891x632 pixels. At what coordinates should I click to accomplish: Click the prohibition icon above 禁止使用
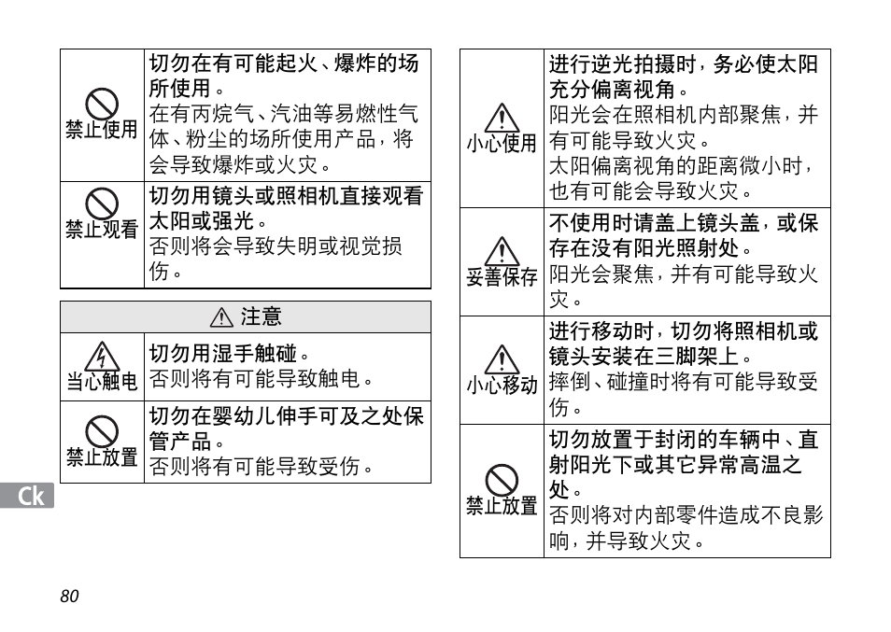point(102,103)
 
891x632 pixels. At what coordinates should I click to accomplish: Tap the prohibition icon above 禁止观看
point(102,203)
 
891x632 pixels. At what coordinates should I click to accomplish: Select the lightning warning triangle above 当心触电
point(102,357)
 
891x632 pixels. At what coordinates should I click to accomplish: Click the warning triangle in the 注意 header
point(221,318)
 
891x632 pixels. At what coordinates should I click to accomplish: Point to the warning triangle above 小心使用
point(502,118)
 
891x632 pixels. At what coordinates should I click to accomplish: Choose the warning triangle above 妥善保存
point(502,250)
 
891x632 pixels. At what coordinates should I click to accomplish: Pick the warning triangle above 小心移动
point(502,359)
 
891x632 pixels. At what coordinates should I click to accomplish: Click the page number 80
point(69,597)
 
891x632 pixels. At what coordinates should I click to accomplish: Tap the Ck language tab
point(29,496)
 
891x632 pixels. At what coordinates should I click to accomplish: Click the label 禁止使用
point(102,129)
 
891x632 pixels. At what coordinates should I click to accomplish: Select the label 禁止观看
point(102,229)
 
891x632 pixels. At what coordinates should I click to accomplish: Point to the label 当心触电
point(102,381)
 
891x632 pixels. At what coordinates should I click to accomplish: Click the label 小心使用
point(502,144)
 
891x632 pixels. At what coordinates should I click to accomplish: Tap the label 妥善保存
point(502,277)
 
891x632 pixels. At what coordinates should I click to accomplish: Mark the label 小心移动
point(502,386)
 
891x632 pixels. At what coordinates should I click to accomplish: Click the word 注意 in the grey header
point(261,317)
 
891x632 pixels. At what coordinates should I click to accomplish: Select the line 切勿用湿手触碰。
point(229,354)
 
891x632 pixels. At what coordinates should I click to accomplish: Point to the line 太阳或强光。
point(209,221)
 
